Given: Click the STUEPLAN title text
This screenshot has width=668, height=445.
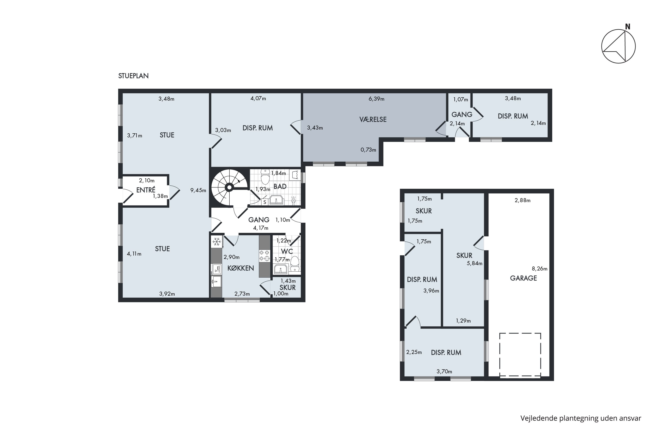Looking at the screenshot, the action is [x=133, y=76].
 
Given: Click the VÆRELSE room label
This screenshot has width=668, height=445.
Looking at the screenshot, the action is [x=373, y=120].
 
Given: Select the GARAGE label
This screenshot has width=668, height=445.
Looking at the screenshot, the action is [x=523, y=278].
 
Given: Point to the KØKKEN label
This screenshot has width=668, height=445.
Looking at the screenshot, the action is [x=241, y=268].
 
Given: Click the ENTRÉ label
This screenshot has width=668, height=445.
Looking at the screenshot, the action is [x=146, y=190].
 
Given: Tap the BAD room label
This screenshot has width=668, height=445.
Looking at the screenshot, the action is [x=280, y=187].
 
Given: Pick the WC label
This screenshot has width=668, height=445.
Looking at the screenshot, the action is [x=287, y=252].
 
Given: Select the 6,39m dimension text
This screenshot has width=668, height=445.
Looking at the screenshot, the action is [x=376, y=99].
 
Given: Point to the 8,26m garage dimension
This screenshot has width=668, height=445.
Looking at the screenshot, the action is [x=539, y=268].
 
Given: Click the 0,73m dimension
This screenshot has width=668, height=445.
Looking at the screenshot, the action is [x=368, y=150].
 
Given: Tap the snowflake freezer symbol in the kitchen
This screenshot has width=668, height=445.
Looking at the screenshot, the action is [x=217, y=242].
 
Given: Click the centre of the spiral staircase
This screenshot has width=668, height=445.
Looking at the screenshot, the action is [x=229, y=187].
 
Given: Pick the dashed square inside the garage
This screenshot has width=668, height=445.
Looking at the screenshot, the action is [x=520, y=355].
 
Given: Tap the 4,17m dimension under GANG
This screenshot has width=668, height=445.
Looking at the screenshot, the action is [x=261, y=228].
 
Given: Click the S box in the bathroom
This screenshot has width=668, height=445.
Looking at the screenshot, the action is [x=265, y=202].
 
